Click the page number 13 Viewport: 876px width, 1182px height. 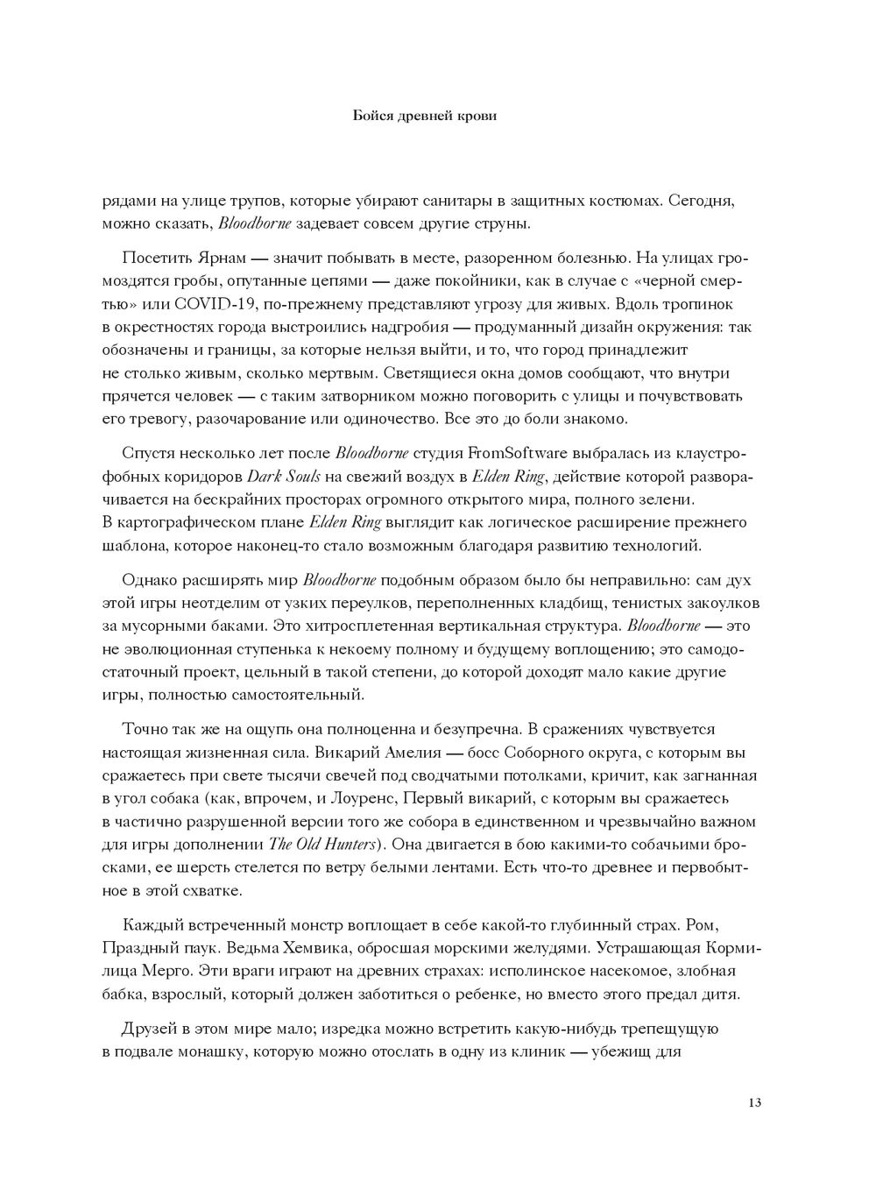tap(754, 1101)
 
